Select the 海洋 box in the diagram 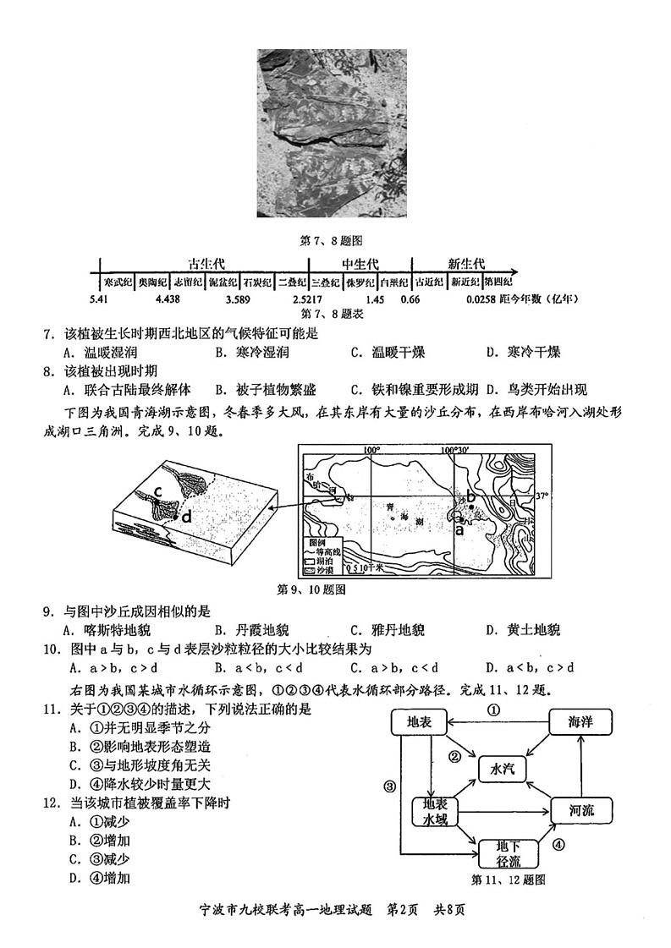[x=579, y=722]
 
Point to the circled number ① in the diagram [x=495, y=710]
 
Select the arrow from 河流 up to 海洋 [x=580, y=765]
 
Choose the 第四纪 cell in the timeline [x=499, y=282]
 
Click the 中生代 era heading [x=360, y=264]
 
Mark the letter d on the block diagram [x=186, y=515]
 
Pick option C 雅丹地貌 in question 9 [x=386, y=630]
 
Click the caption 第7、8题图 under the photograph [x=332, y=240]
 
